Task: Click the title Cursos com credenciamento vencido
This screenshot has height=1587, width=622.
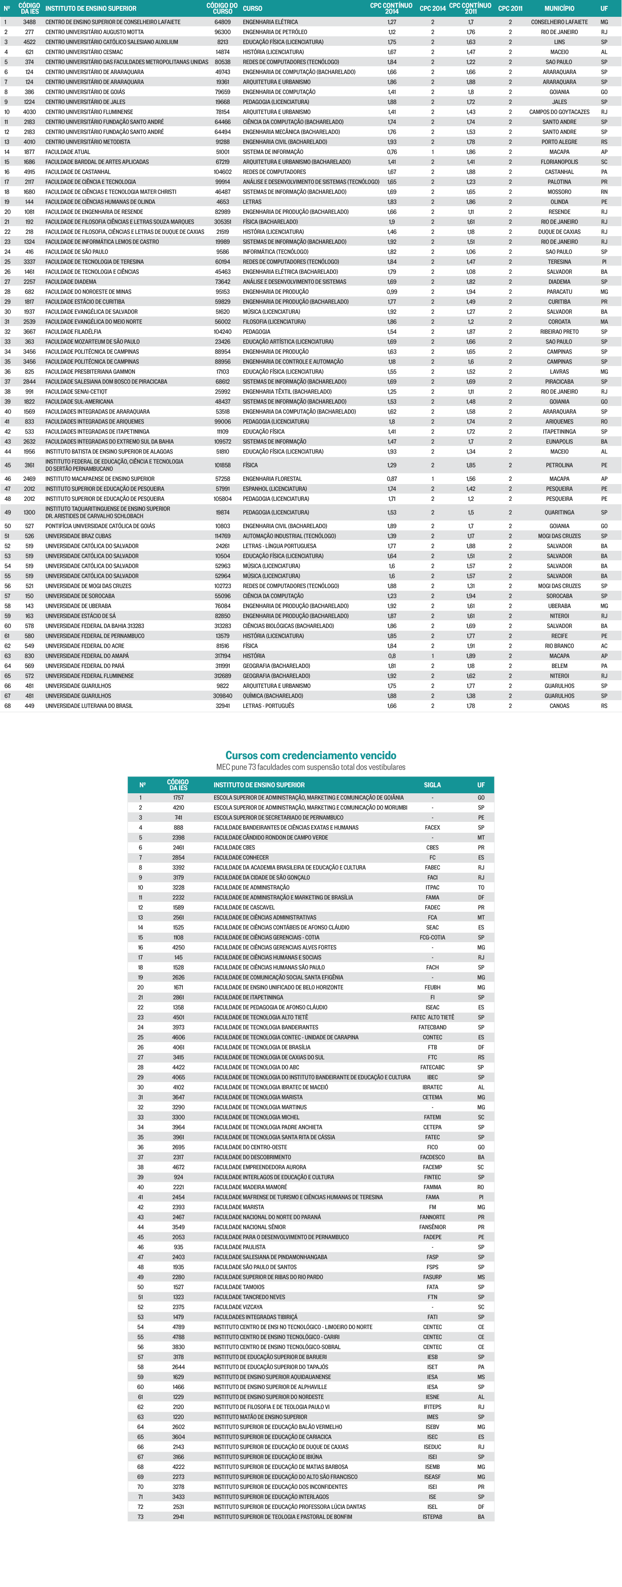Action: point(310,755)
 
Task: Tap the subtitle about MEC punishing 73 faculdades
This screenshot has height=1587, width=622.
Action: point(310,767)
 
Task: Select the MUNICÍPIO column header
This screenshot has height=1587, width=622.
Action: point(559,9)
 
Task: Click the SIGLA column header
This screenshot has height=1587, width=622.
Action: point(432,785)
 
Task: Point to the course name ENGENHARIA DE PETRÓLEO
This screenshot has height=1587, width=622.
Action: point(274,32)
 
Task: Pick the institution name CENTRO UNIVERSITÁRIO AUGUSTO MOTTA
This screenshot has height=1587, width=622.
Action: point(94,32)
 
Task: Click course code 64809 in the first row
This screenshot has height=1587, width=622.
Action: point(222,22)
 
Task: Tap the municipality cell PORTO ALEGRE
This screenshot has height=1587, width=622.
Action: point(559,142)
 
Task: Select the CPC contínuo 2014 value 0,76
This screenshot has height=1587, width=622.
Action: point(392,152)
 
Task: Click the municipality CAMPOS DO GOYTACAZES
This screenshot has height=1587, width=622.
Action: point(559,112)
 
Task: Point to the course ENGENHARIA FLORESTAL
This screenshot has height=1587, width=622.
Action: point(272,479)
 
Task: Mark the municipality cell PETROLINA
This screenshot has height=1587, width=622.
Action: point(559,465)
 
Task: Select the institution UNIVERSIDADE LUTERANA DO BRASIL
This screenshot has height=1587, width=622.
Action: point(88,706)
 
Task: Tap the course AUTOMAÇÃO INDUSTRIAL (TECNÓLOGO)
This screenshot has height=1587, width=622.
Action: point(289,536)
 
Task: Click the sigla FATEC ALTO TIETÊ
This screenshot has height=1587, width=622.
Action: point(432,1017)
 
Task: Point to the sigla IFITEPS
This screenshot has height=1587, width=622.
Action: point(432,1406)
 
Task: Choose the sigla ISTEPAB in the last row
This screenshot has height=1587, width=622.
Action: point(432,1517)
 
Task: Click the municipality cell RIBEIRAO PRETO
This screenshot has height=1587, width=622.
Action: point(559,331)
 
